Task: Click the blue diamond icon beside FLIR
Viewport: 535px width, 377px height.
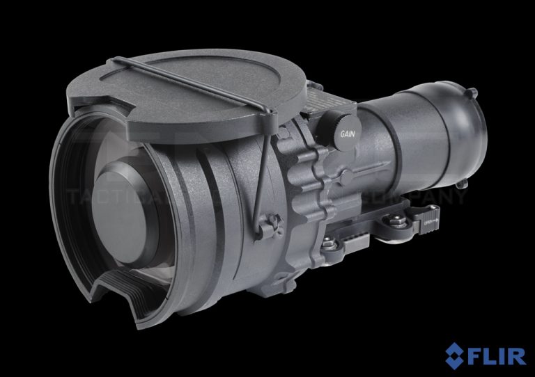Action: pyautogui.click(x=457, y=354)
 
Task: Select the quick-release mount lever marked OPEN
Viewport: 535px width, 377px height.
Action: pyautogui.click(x=426, y=219)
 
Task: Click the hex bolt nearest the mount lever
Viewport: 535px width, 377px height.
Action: pyautogui.click(x=398, y=221)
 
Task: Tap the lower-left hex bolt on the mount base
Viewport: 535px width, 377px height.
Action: pyautogui.click(x=327, y=243)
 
